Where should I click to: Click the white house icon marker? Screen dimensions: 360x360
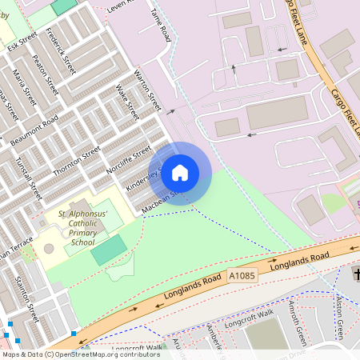[x=180, y=171]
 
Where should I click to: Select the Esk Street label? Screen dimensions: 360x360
[x=22, y=41]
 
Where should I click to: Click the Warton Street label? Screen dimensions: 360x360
[x=149, y=94]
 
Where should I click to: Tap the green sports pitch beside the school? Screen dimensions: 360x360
[x=108, y=251]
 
